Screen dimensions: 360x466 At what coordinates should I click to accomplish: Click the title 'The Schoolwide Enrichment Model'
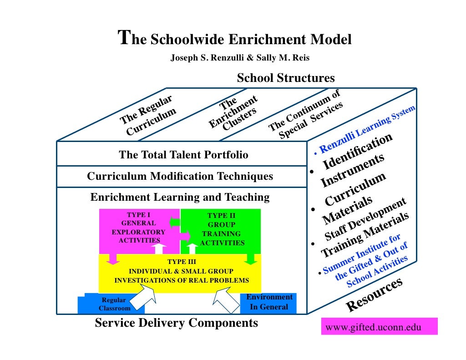click(x=235, y=39)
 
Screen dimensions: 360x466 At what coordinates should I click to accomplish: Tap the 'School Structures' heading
click(x=285, y=78)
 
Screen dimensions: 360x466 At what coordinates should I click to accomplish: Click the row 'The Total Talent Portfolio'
click(x=183, y=155)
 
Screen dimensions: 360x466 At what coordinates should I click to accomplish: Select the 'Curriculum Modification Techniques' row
click(x=180, y=176)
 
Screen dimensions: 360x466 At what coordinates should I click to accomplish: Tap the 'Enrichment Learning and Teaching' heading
click(x=180, y=197)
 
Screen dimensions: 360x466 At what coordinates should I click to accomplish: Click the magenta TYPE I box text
click(x=139, y=227)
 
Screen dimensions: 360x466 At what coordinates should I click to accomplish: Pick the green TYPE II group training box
click(x=222, y=229)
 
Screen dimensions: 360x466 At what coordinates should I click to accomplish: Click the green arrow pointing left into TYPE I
click(x=175, y=222)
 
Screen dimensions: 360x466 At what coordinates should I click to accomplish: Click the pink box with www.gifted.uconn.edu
click(x=379, y=327)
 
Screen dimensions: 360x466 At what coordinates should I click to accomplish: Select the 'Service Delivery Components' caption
click(x=176, y=323)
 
